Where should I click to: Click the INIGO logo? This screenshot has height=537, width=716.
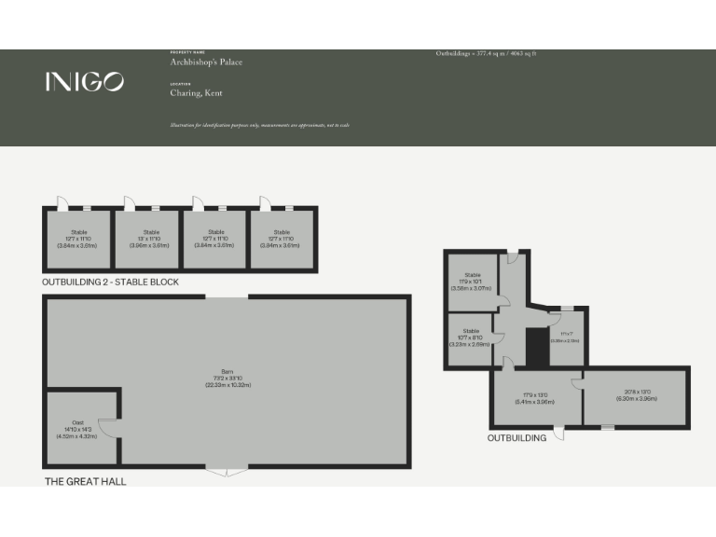pos(84,82)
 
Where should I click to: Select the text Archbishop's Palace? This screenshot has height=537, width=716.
pos(206,62)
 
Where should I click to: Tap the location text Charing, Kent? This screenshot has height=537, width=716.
pos(196,93)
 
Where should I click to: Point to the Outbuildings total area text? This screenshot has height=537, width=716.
pos(486,54)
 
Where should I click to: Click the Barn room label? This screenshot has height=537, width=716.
pos(228,380)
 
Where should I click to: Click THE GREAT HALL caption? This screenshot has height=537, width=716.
pos(86,481)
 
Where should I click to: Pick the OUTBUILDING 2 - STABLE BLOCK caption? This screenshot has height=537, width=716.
pos(110,282)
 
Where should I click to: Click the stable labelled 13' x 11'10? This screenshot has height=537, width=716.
pos(151,239)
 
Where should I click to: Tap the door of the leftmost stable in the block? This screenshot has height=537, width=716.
pos(62,203)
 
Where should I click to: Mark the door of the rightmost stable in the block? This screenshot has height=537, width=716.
pos(266,203)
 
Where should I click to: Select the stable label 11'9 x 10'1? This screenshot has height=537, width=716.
pos(472,282)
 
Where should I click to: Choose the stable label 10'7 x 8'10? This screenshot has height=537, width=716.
pos(471,337)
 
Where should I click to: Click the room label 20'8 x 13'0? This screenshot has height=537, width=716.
pos(637,395)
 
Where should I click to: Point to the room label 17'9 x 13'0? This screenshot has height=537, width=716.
pos(534,398)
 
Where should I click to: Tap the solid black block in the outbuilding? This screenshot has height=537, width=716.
pos(536,347)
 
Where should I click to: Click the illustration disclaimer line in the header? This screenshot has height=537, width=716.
pos(259,125)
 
